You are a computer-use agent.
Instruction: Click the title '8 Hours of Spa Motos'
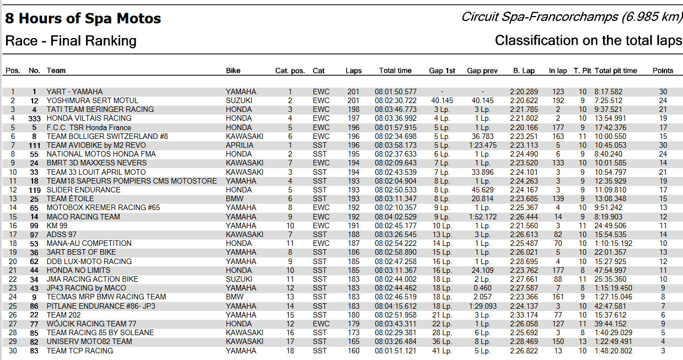[x=83, y=18]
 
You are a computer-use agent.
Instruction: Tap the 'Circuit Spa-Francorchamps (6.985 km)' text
[x=572, y=17]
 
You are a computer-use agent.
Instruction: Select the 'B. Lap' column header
[x=524, y=71]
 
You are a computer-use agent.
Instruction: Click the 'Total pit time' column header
[x=616, y=71]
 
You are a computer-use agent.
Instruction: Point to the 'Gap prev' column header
[x=482, y=71]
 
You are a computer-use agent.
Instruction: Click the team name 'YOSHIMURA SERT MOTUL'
[x=93, y=100]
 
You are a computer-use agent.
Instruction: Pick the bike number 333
[x=35, y=118]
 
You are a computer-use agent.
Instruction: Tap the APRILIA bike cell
[x=240, y=145]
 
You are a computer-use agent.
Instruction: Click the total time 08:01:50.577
[x=396, y=92]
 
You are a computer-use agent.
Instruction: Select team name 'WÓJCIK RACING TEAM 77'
[x=92, y=324]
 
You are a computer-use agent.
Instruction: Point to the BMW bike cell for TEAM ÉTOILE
[x=234, y=198]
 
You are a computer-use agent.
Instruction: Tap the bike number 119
[x=35, y=190]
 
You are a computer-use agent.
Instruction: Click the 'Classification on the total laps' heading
[x=588, y=40]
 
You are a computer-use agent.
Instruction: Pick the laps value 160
[x=353, y=351]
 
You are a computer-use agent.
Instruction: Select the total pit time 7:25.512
[x=609, y=100]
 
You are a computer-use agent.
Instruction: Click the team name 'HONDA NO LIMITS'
[x=78, y=270]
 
